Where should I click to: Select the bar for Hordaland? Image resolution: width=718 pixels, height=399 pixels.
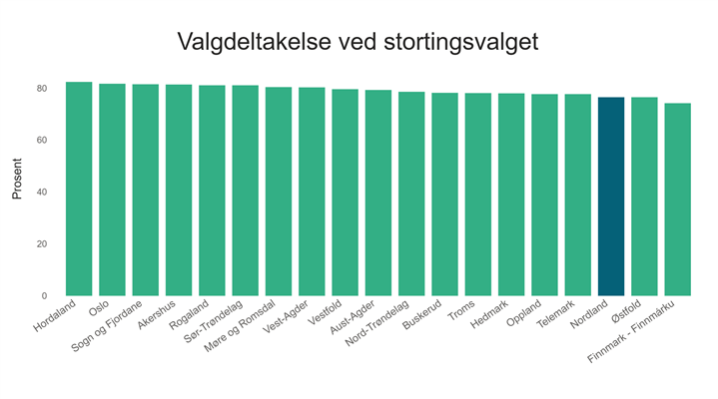tap(79, 190)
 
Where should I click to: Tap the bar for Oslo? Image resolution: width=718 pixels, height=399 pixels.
tap(112, 190)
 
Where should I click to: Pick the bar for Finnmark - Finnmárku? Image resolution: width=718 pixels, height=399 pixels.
tap(677, 199)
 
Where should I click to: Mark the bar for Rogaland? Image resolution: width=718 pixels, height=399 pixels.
tap(212, 191)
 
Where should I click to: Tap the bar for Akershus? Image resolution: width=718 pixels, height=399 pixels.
tap(179, 191)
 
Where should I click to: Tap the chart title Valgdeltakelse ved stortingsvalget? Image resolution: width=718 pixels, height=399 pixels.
tap(359, 42)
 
